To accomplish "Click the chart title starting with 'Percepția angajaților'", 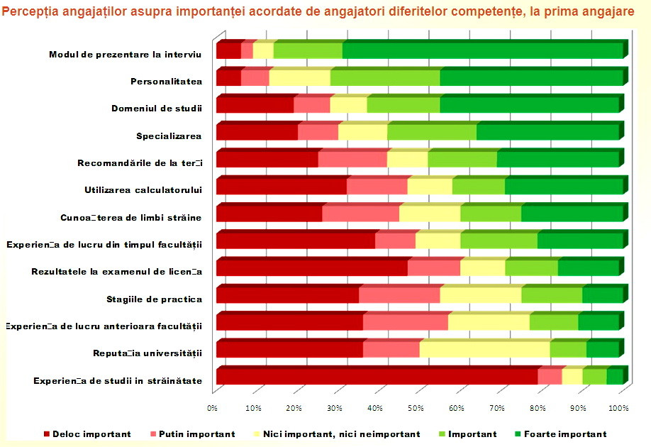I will pos(325,13).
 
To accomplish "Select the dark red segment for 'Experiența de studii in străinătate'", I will pos(377,376).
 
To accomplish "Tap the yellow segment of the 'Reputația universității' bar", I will pos(484,350).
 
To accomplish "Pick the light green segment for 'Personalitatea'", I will pos(385,78).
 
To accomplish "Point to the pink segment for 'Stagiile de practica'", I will pos(399,295).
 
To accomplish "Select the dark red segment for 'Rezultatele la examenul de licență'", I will pos(311,268).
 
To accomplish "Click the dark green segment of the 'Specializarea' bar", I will pos(547,133).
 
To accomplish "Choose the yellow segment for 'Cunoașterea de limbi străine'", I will pos(430,214).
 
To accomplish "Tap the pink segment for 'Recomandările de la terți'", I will pos(352,160).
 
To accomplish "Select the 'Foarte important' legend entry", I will pos(565,434).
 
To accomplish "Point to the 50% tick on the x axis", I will pos(416,408).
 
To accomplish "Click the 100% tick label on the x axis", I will pos(618,408).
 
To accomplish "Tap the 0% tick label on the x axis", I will pos(212,408).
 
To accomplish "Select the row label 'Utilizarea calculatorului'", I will pos(143,189).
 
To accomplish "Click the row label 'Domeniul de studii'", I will pos(157,109).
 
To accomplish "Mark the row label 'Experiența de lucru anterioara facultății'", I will pos(104,326).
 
